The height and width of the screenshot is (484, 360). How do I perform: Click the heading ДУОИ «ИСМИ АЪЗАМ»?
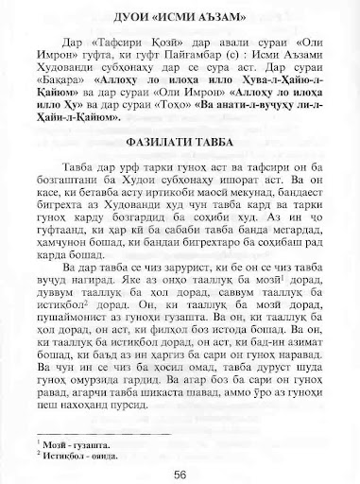click(x=179, y=21)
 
